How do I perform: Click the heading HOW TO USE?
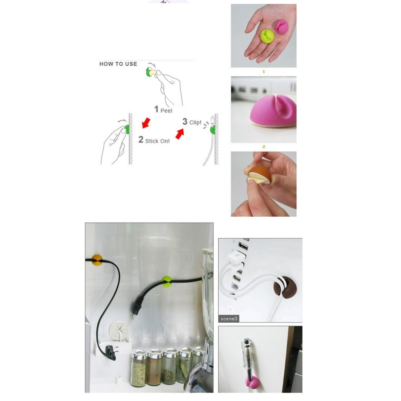[118, 64]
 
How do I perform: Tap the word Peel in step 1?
[166, 111]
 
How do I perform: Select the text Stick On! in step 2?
[157, 141]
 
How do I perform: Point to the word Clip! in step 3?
[195, 122]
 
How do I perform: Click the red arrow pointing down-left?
[146, 123]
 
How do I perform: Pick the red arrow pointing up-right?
[180, 134]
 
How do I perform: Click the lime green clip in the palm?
[267, 36]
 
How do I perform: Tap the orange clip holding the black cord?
[97, 260]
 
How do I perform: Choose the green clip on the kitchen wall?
[167, 282]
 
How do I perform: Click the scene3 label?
[229, 319]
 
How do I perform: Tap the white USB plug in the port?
[236, 257]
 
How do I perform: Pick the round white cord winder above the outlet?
[119, 330]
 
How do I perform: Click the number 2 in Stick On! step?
[141, 140]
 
